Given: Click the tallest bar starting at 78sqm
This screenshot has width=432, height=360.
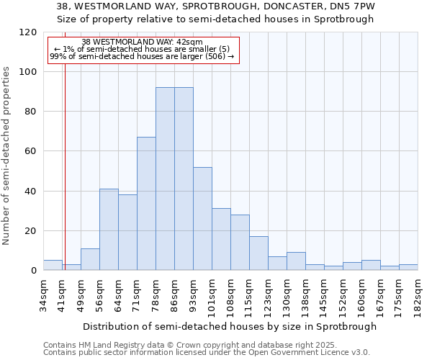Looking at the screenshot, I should [x=165, y=179].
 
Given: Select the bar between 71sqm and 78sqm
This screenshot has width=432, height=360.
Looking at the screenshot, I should [x=146, y=204].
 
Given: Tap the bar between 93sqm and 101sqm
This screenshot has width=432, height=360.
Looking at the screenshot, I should [x=202, y=219].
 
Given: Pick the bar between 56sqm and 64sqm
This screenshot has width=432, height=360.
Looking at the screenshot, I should [x=109, y=230].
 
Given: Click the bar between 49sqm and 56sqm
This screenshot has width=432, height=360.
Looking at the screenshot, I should [x=90, y=259].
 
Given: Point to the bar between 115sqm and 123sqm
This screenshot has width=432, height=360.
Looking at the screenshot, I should [x=258, y=253].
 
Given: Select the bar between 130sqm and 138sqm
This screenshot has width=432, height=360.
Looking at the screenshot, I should [x=296, y=261].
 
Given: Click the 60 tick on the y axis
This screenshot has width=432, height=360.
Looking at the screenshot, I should [x=32, y=151].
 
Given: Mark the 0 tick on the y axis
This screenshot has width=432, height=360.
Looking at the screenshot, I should [x=34, y=271].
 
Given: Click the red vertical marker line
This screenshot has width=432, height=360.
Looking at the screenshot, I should [x=65, y=166].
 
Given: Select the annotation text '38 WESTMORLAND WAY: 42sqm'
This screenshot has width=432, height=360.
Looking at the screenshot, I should [x=142, y=42].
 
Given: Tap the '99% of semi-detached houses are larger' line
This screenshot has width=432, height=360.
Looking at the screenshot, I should [x=142, y=55].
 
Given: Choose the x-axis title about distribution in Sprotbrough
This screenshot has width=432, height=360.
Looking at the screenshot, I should [x=230, y=326].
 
